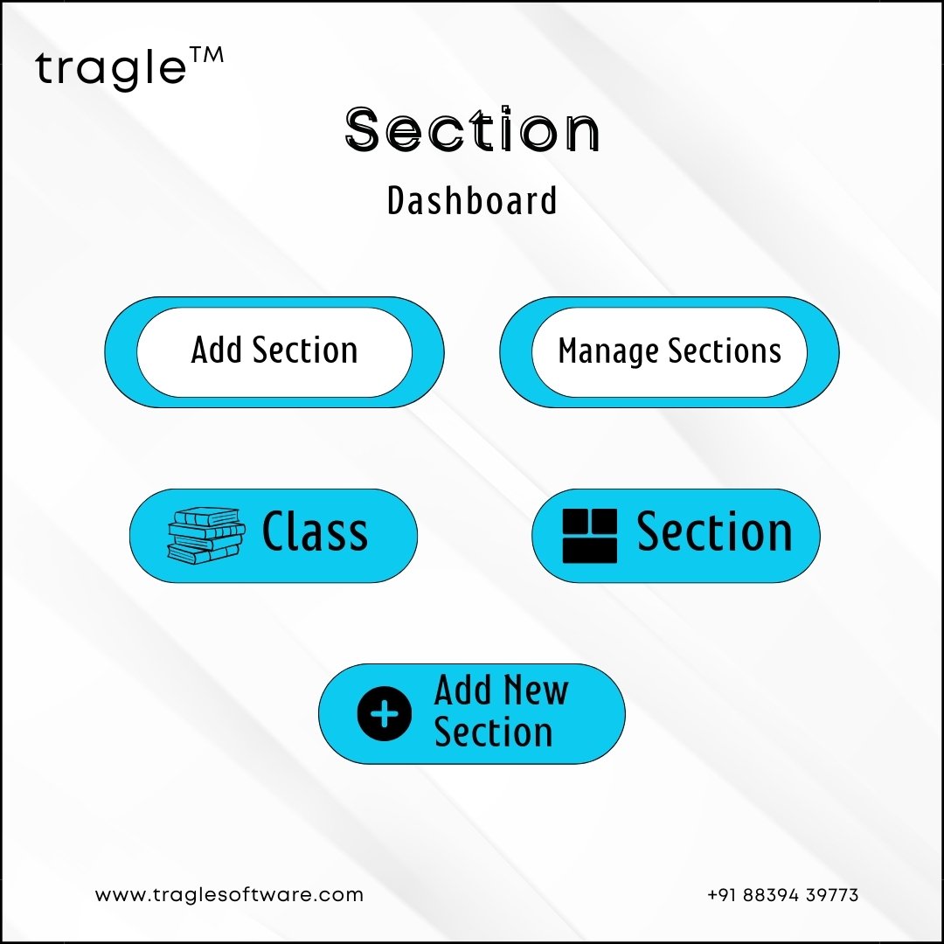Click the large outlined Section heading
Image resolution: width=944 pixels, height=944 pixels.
[x=472, y=129]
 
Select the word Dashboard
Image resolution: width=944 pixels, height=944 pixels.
[x=472, y=200]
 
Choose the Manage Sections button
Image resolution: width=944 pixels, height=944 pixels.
[x=669, y=352]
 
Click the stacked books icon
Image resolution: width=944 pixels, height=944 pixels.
[x=206, y=535]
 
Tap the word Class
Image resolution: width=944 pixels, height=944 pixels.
[x=315, y=531]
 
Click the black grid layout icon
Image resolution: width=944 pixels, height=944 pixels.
[x=589, y=536]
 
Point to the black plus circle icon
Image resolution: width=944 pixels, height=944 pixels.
[x=384, y=714]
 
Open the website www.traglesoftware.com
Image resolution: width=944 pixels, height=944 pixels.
[x=229, y=895]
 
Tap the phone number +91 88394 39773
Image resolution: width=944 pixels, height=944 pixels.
[x=782, y=895]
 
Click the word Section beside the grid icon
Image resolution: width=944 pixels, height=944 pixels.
[x=715, y=531]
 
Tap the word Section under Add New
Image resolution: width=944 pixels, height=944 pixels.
[x=493, y=732]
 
